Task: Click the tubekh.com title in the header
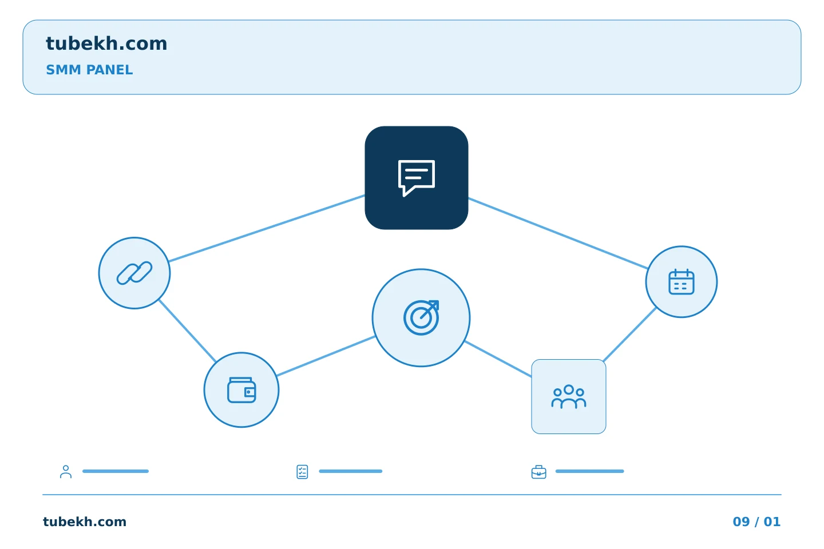coord(106,43)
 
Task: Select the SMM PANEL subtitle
coord(89,70)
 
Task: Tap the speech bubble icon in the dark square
coord(417,178)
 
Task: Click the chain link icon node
coord(134,273)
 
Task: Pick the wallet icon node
coord(241,390)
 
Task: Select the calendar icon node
coord(682,282)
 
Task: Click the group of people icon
coord(568,396)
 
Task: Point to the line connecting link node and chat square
coord(267,228)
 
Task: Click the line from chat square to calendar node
coord(558,233)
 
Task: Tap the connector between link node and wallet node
coord(187,331)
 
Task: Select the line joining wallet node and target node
coord(326,356)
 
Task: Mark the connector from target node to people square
coord(498,359)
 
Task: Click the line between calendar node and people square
coord(630,335)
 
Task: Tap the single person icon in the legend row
coord(66,471)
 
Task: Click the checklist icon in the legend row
coord(302,472)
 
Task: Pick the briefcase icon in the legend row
coord(538,472)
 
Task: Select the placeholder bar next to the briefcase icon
coord(589,471)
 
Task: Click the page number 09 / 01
coord(756,522)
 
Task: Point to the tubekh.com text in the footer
coord(85,522)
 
